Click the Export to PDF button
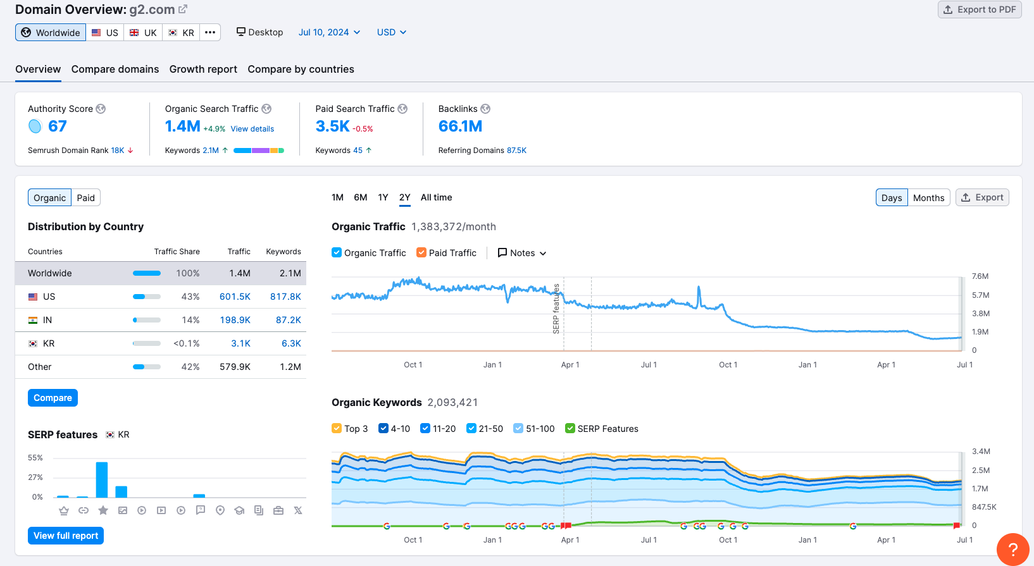980,9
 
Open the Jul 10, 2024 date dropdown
329,32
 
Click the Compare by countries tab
301,70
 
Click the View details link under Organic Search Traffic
252,129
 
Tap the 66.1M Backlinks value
460,126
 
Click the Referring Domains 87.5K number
516,151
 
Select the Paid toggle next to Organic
85,198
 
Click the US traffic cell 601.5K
235,297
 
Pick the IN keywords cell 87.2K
288,320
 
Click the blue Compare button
53,398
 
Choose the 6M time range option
360,197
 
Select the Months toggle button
928,198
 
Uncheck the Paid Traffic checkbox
421,252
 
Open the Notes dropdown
522,253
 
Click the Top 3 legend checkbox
337,428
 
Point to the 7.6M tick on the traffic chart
980,276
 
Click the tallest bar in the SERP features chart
102,480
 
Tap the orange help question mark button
1012,549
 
